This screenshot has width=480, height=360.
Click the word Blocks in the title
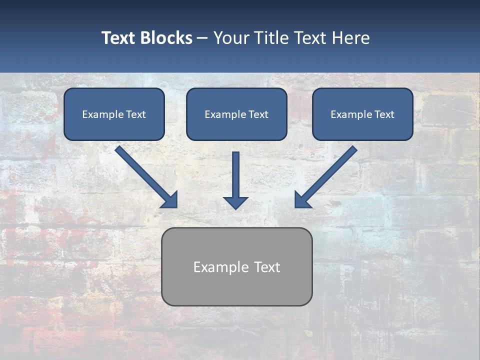(x=166, y=38)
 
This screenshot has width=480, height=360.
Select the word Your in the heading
(x=231, y=38)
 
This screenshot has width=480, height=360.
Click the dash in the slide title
(x=203, y=38)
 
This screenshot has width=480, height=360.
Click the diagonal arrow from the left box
(x=145, y=175)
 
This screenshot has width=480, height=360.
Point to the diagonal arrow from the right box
(x=327, y=175)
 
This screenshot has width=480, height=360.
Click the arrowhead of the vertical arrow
(x=236, y=202)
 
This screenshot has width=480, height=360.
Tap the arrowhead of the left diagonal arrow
(x=170, y=200)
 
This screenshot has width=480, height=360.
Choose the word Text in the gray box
(x=267, y=267)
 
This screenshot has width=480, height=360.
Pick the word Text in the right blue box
(x=384, y=114)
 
